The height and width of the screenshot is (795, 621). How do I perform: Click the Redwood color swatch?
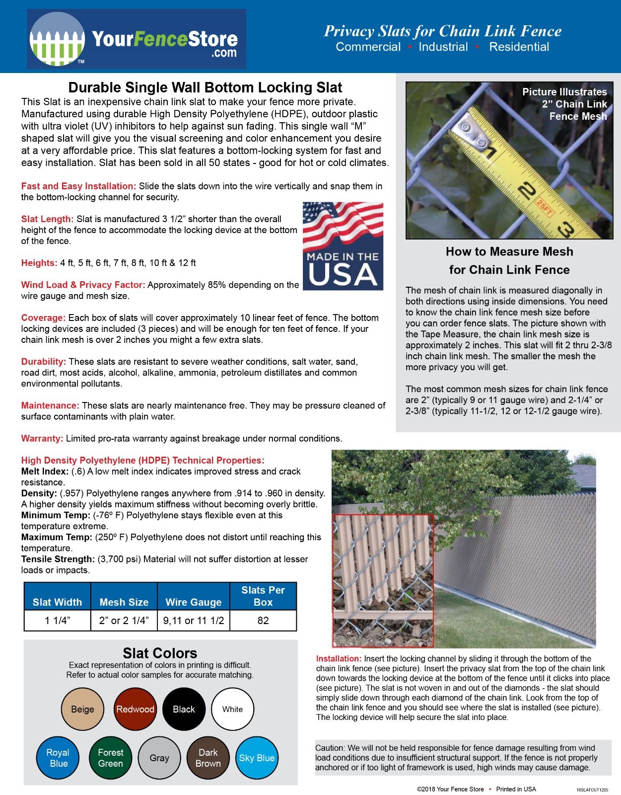tap(135, 709)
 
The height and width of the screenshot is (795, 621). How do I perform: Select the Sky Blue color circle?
tap(257, 758)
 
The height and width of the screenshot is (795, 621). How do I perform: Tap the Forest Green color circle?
tap(110, 758)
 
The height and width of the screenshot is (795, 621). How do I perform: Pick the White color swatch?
tap(232, 709)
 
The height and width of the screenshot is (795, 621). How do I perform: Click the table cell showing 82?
tap(263, 621)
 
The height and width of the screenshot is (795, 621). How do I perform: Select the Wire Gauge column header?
tap(193, 602)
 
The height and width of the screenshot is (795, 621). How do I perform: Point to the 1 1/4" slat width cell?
tap(58, 621)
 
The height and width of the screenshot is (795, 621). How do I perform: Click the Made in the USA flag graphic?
tap(343, 246)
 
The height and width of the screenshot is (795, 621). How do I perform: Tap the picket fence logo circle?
tap(57, 39)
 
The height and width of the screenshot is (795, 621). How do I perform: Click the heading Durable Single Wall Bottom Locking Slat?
tap(205, 87)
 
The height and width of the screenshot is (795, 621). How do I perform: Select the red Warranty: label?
tap(42, 438)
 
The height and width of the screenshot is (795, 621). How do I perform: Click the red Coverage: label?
tap(43, 318)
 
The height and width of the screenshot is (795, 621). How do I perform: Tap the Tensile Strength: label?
tap(58, 559)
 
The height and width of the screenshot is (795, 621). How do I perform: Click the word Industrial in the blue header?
tap(443, 47)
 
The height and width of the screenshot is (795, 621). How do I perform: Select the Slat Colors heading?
tap(160, 653)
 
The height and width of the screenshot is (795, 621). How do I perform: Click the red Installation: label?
tap(338, 658)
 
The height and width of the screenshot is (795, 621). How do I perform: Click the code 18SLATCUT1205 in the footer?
tap(592, 790)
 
